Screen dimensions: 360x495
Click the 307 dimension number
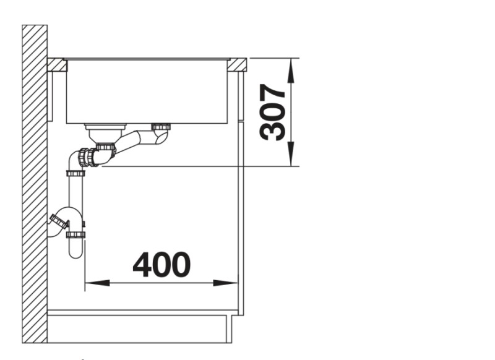click(272, 113)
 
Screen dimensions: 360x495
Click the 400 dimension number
click(161, 265)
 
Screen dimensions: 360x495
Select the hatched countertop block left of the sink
click(57, 64)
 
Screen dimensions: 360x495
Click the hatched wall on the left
click(35, 186)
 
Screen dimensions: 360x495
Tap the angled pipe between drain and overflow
click(130, 142)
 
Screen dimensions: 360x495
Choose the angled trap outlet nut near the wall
click(59, 220)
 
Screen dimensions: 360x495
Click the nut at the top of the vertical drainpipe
click(75, 172)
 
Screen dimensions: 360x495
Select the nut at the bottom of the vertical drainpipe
click(75, 234)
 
